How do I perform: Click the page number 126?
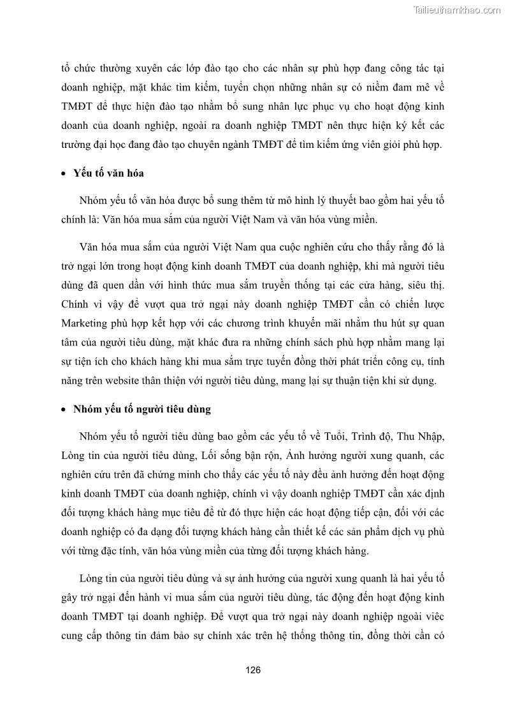coord(253,670)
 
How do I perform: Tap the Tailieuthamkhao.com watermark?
coord(457,10)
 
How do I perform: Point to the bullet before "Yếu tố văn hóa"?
coord(64,174)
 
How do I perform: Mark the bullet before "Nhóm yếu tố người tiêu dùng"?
coord(64,410)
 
